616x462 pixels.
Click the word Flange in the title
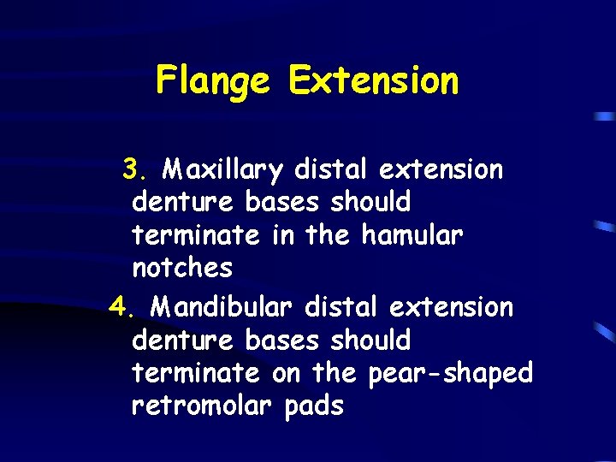point(212,82)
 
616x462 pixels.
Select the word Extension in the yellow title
point(373,81)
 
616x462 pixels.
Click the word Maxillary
point(223,170)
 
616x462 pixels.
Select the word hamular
point(412,234)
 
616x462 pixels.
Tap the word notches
point(182,268)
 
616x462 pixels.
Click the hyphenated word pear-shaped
point(450,374)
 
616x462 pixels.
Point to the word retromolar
point(204,406)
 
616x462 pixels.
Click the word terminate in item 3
point(195,234)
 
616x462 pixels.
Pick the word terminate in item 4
point(195,373)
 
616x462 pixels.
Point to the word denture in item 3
point(184,203)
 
